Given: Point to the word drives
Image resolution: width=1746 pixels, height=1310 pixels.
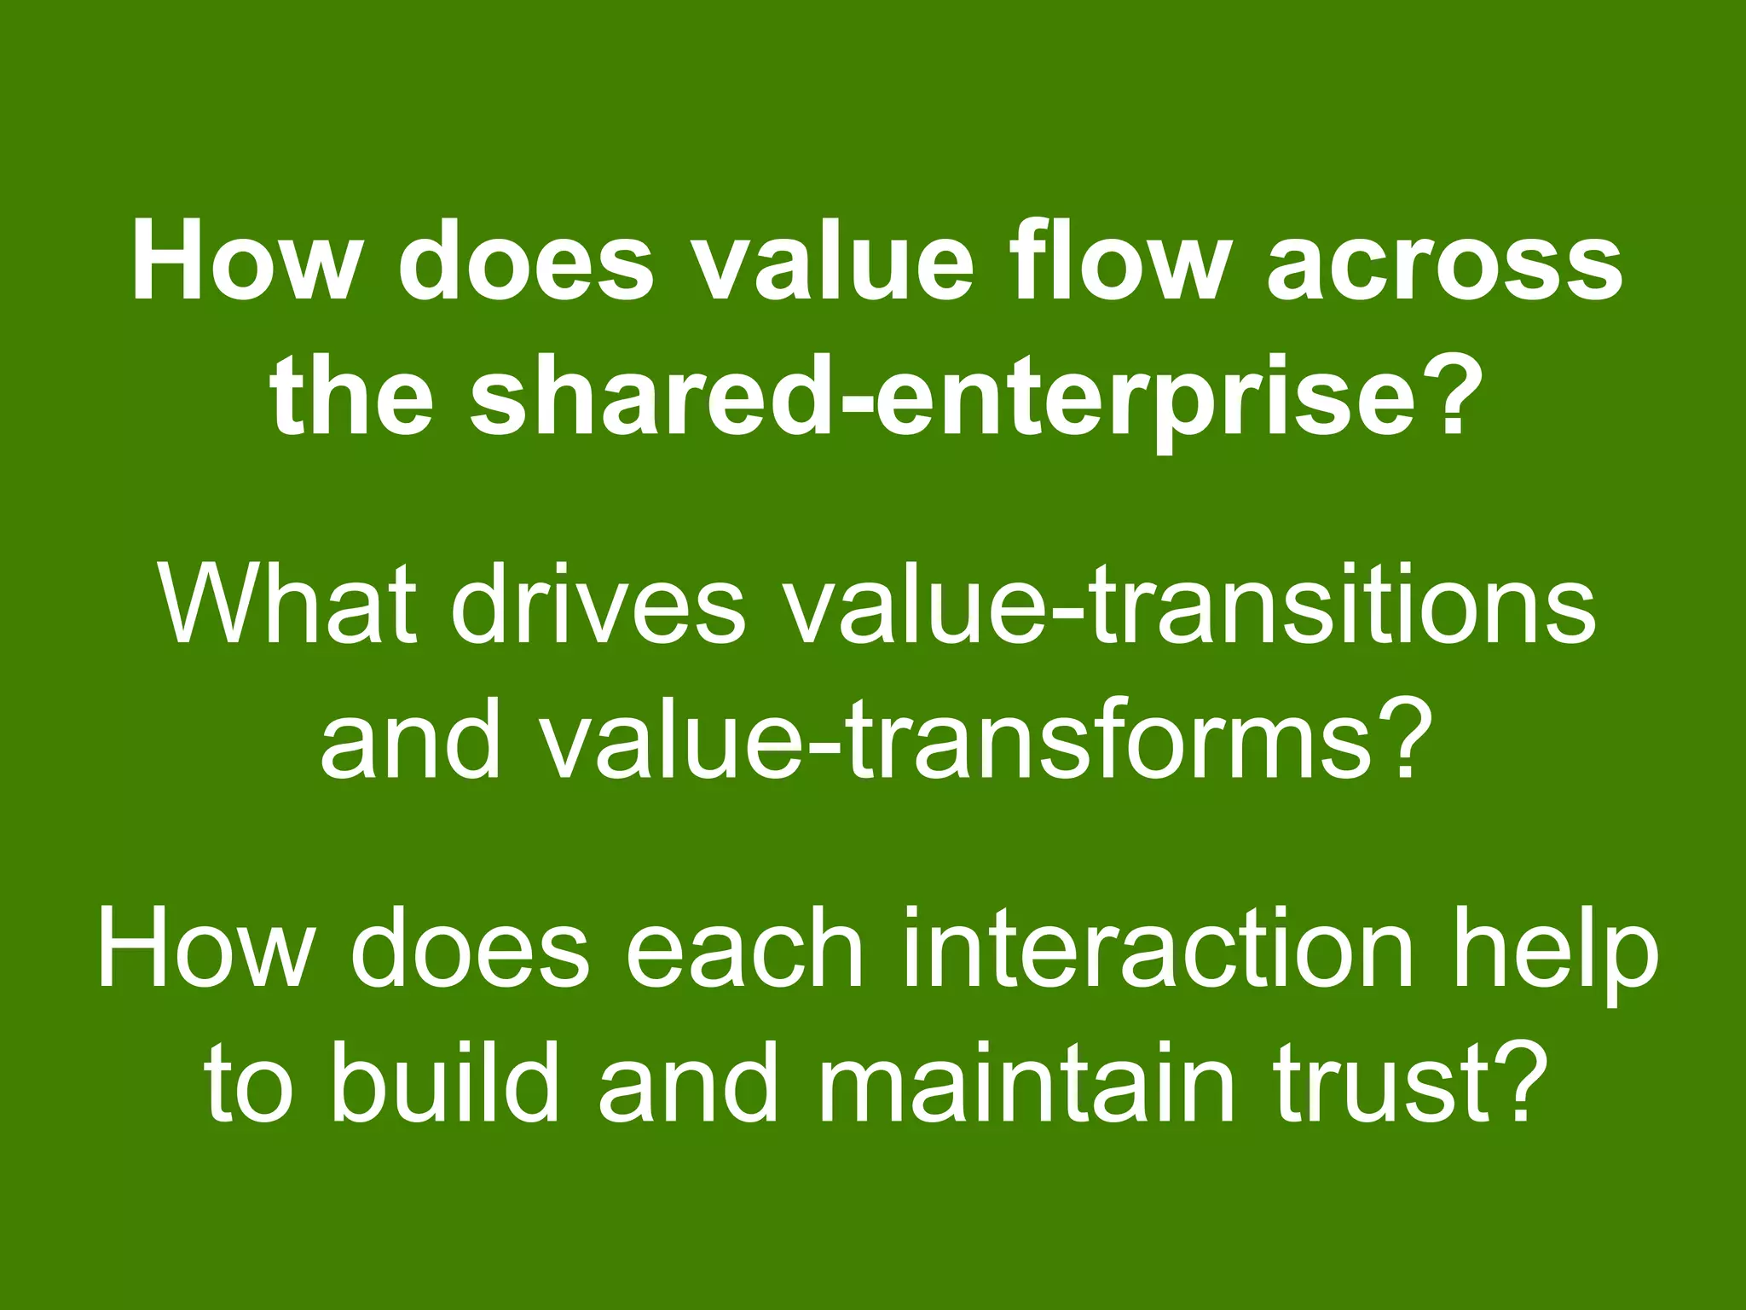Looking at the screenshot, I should (597, 605).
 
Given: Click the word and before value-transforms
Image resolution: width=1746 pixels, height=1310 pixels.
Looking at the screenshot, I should (410, 739).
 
